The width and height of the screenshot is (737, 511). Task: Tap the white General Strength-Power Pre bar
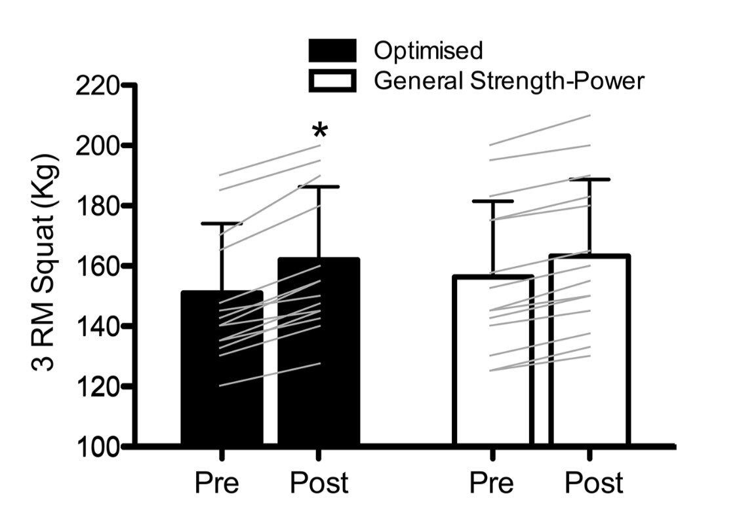pyautogui.click(x=492, y=406)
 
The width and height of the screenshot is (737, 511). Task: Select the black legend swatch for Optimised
pyautogui.click(x=332, y=50)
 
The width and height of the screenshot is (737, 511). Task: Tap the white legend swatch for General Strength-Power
pyautogui.click(x=332, y=81)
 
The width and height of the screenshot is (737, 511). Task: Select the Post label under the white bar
pyautogui.click(x=593, y=483)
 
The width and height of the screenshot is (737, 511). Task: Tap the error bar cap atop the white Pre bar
pyautogui.click(x=492, y=201)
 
